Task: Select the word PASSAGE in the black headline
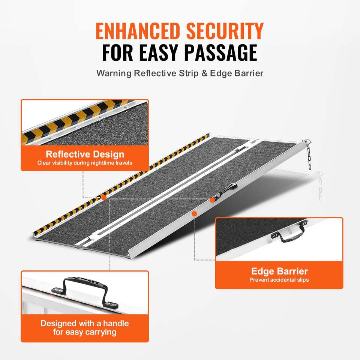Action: [x=221, y=52]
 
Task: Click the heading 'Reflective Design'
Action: [x=85, y=154]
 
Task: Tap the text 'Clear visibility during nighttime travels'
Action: [x=85, y=163]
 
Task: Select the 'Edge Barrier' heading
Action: [x=279, y=271]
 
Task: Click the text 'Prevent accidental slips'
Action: [x=279, y=280]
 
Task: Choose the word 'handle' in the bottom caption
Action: [x=116, y=323]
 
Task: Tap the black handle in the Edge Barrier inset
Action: [x=290, y=234]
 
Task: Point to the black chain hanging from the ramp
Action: [x=309, y=156]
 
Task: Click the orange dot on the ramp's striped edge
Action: [x=104, y=198]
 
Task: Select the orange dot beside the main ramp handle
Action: [x=212, y=200]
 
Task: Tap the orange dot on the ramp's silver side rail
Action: [x=195, y=214]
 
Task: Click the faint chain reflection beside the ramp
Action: [x=321, y=186]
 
